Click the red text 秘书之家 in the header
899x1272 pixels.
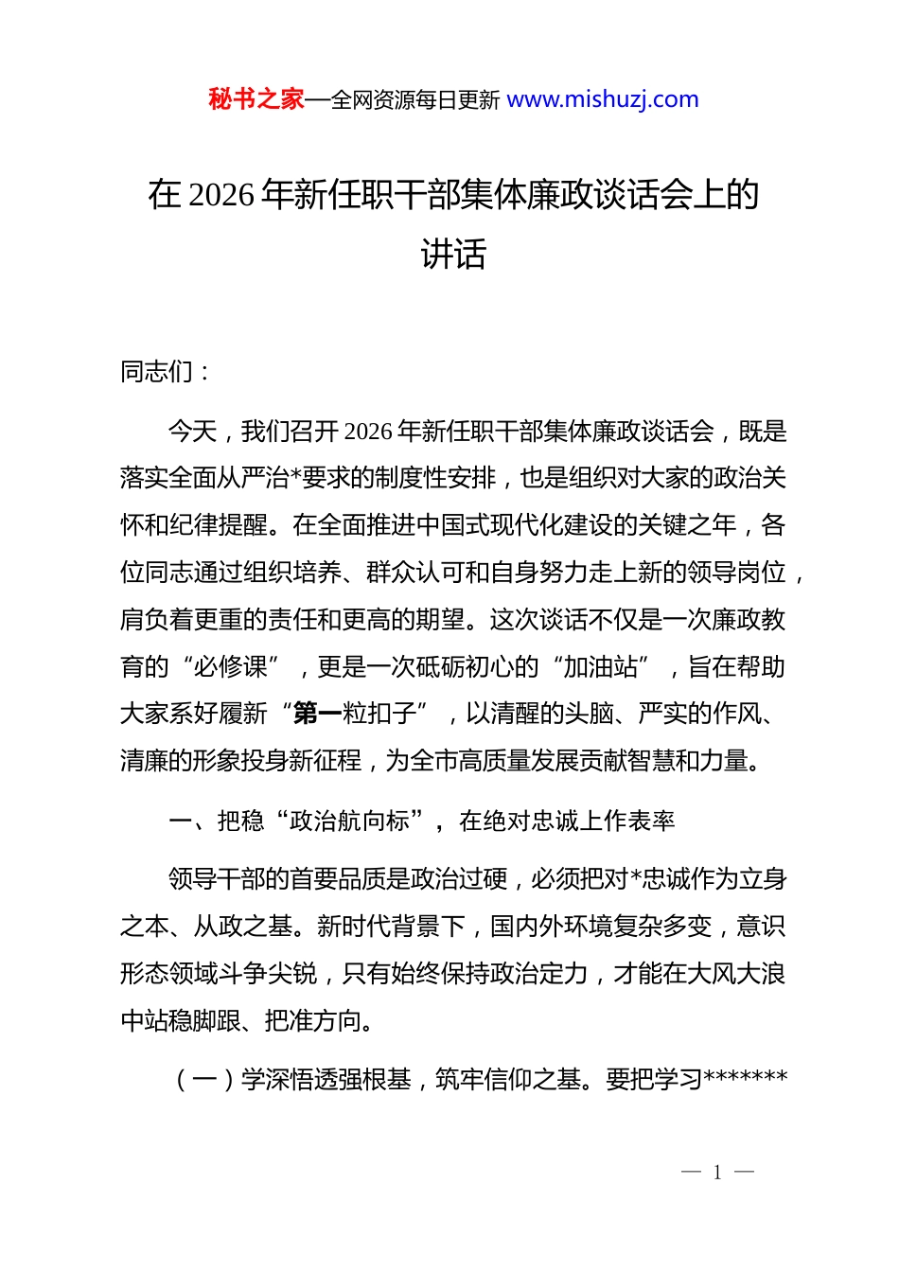[x=256, y=99]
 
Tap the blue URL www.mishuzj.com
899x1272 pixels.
[x=603, y=99]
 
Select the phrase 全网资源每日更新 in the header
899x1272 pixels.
[x=415, y=100]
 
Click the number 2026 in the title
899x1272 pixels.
[x=222, y=195]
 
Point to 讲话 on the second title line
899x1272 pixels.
[x=453, y=254]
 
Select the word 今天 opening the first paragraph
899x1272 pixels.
[x=192, y=432]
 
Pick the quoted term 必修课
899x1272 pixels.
[x=230, y=667]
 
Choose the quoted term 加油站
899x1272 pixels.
[x=601, y=667]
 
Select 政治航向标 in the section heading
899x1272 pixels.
[x=349, y=821]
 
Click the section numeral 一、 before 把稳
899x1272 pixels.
[x=186, y=821]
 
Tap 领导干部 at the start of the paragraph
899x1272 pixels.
[x=217, y=879]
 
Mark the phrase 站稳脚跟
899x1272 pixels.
[x=193, y=1021]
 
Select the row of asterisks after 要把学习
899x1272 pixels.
[x=746, y=1079]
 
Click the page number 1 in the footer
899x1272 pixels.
[x=717, y=1173]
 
